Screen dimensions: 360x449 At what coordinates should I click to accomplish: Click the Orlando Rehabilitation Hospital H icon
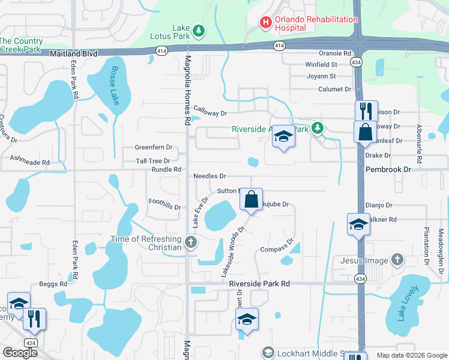click(265, 23)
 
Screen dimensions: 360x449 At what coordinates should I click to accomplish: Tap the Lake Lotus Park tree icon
click(199, 31)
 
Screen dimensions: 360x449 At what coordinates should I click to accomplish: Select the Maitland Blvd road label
click(73, 54)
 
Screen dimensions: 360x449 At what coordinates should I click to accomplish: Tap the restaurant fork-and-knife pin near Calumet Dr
click(365, 111)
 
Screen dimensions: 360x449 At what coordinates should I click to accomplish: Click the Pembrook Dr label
click(388, 170)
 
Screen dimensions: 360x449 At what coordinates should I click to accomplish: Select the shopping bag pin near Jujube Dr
click(252, 199)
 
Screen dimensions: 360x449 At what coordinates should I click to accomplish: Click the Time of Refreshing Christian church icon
click(191, 243)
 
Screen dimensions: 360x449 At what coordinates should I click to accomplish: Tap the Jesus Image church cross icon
click(396, 260)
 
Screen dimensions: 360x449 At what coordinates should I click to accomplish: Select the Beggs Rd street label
click(53, 284)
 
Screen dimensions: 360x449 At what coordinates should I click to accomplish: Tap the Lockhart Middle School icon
click(268, 352)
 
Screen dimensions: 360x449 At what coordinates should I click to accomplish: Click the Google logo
click(20, 353)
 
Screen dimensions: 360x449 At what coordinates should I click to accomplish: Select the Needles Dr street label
click(209, 176)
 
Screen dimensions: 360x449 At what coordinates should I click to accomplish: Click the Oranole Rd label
click(335, 53)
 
